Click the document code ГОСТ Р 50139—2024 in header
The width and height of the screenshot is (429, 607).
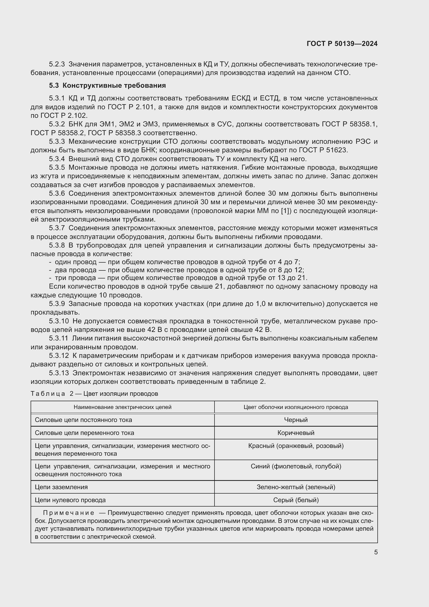(x=342, y=44)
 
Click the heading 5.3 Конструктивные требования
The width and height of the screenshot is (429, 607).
(x=108, y=85)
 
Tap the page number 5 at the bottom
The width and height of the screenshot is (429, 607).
(x=376, y=552)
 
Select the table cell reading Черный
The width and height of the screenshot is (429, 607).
(x=296, y=420)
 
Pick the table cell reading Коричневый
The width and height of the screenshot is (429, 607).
(x=296, y=433)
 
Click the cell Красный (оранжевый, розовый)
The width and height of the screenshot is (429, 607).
(x=296, y=446)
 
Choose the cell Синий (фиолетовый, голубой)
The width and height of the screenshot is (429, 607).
(x=296, y=466)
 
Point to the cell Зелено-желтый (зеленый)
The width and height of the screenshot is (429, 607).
(x=296, y=487)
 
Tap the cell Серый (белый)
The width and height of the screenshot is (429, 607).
(x=296, y=500)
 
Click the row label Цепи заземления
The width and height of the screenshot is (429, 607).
(x=61, y=487)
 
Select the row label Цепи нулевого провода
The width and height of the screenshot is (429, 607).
(x=70, y=500)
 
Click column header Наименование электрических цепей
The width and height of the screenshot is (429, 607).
(x=122, y=407)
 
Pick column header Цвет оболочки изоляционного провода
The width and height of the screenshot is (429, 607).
(x=296, y=407)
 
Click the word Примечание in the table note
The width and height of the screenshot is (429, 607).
(x=68, y=513)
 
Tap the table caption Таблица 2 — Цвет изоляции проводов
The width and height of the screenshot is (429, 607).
(x=94, y=394)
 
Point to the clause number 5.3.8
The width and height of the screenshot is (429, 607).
(x=57, y=245)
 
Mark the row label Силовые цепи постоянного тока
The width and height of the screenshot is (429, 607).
(x=83, y=420)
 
